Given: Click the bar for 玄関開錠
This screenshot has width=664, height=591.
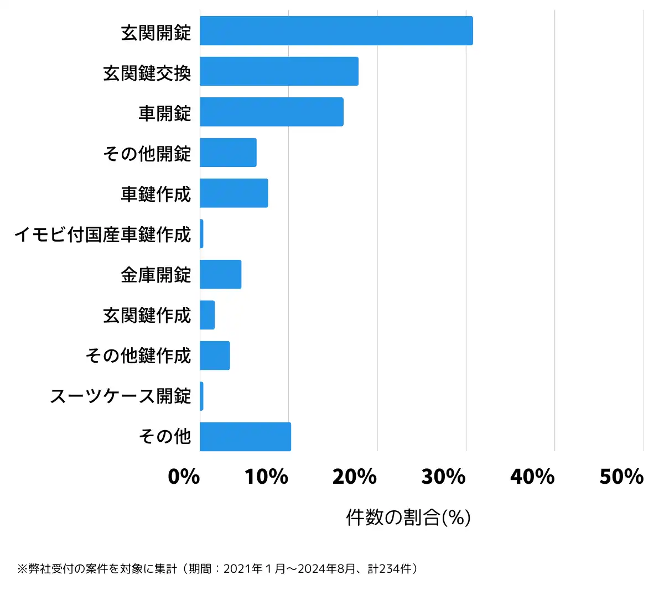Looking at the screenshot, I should tap(336, 31).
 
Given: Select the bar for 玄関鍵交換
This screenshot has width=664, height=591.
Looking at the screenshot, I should tap(279, 71).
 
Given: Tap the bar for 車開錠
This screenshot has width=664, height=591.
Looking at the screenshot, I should tap(272, 112).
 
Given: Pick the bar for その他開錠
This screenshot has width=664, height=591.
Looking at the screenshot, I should tap(228, 153).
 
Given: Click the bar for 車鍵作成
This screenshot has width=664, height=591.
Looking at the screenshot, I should tap(234, 193).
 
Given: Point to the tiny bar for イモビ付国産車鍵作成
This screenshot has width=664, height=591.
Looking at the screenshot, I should tap(201, 234).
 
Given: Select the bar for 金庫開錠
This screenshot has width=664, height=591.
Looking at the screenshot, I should tap(221, 274).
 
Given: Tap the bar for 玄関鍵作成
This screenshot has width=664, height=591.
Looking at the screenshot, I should tap(207, 315).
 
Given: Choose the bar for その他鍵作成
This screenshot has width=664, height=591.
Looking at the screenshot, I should tap(215, 355).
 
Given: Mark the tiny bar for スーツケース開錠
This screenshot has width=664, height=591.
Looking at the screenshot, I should tap(201, 396).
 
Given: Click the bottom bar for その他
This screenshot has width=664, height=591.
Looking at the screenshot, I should tap(245, 437).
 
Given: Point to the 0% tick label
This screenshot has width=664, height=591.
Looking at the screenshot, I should tap(184, 477).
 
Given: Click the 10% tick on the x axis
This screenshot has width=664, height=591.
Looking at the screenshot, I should tap(266, 477).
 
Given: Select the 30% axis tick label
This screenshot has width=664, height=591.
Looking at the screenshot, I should tap(443, 477).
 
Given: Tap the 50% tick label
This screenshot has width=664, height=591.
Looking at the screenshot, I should tap(621, 477).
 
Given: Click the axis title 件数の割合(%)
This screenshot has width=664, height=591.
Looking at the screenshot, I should tap(408, 517).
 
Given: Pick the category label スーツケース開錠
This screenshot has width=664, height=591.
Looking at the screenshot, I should tap(121, 396).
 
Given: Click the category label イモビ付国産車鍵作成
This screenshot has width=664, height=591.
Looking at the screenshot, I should tap(103, 234).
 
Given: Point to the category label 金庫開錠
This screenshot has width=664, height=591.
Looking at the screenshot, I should tap(156, 275).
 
